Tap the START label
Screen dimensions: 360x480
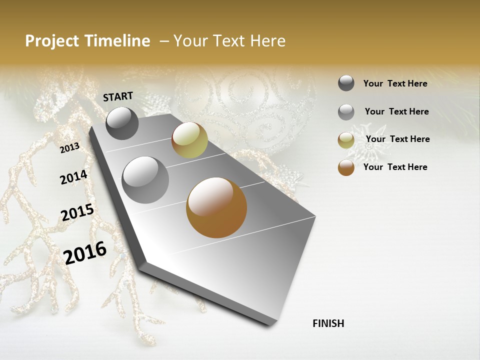pos(118,96)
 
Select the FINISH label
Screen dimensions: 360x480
pos(328,323)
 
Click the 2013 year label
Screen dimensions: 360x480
pos(70,148)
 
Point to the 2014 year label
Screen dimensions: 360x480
pos(73,177)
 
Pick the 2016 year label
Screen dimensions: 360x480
pos(85,252)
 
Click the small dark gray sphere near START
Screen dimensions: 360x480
pos(122,123)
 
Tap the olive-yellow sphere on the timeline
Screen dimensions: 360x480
pos(189,140)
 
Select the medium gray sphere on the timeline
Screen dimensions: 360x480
pos(145,180)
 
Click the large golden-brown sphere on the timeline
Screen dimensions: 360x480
pos(216,207)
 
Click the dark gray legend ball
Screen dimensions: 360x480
pos(346,83)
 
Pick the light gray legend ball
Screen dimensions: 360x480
pos(346,112)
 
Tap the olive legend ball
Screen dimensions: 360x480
pos(346,140)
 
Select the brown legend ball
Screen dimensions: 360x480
pos(346,167)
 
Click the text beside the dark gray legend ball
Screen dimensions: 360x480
pos(395,83)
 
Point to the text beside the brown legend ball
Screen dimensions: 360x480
pos(395,167)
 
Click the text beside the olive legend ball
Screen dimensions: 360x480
pos(397,139)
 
